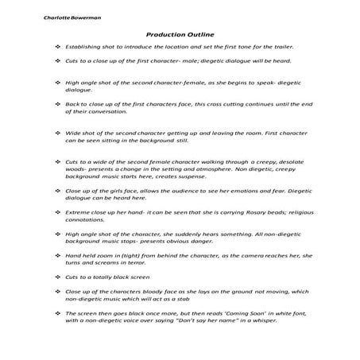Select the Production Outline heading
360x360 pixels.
180,35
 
